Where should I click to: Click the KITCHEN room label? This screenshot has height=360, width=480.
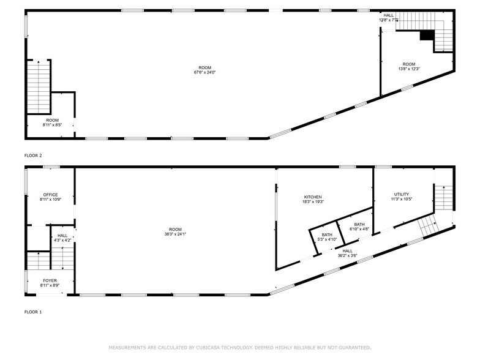[313, 197]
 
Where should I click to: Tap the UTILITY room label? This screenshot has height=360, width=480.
[402, 195]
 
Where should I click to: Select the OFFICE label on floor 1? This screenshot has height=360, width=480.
[50, 195]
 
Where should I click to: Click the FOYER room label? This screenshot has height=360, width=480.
[50, 280]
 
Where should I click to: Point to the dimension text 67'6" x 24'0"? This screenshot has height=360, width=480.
[205, 72]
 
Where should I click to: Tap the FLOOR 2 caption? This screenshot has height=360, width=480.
[33, 156]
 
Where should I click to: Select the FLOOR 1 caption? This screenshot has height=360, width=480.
[33, 312]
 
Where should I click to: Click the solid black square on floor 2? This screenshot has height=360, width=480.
[427, 36]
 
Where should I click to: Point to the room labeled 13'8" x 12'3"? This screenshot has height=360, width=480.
[408, 66]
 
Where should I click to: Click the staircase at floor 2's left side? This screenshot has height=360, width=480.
[39, 86]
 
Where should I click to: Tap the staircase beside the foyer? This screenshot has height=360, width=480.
[39, 261]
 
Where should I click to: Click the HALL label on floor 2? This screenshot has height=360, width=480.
[389, 15]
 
